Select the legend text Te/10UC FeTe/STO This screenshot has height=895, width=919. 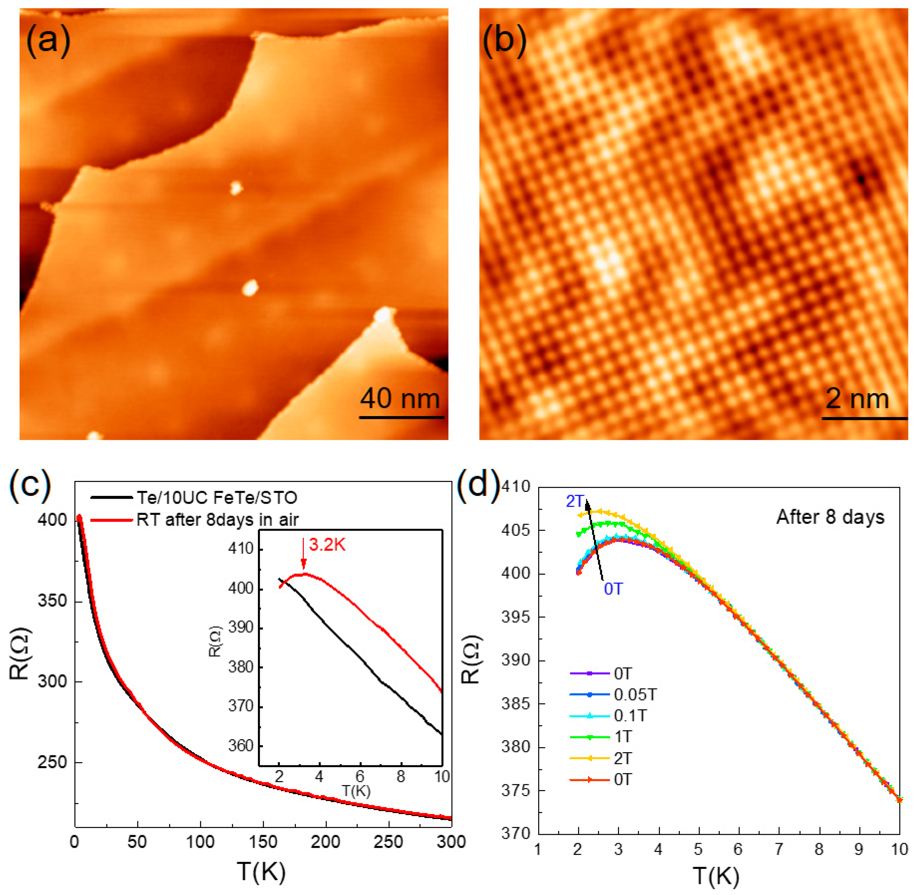click(x=217, y=497)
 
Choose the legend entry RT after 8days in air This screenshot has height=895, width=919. click(x=217, y=519)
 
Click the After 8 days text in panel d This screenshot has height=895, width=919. click(x=830, y=517)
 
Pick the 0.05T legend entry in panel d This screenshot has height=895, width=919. click(x=635, y=695)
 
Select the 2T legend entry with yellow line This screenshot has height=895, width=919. click(x=623, y=758)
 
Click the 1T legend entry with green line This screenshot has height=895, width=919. click(x=623, y=737)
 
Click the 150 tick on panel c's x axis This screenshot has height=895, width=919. click(x=263, y=841)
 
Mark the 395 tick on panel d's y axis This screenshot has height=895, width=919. click(x=516, y=617)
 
